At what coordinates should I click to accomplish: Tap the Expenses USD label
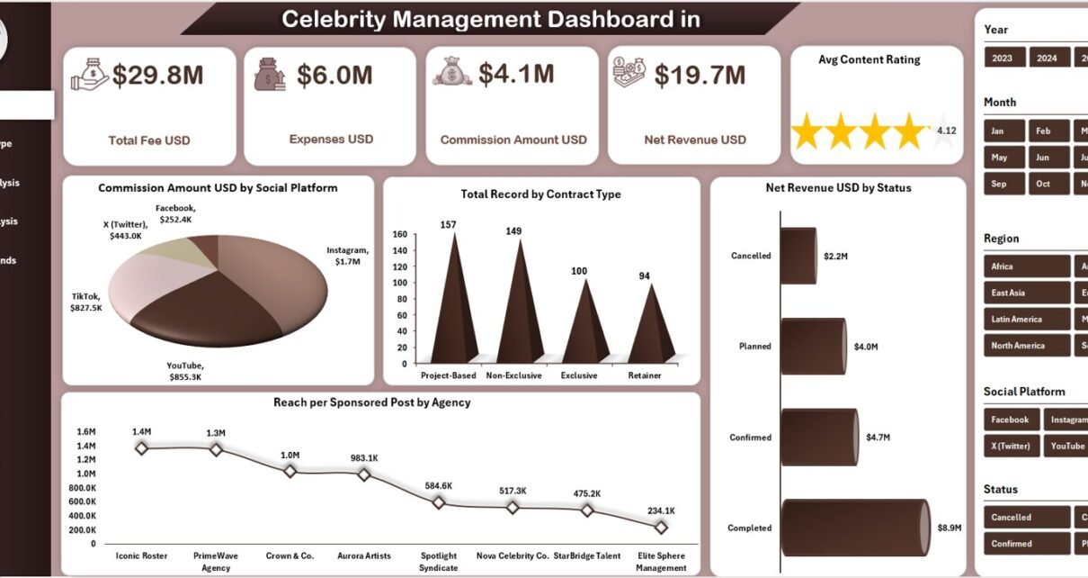click(331, 140)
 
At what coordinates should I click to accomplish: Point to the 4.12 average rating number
click(946, 131)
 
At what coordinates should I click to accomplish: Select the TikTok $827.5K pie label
click(87, 302)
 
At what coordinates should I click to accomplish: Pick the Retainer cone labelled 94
click(645, 324)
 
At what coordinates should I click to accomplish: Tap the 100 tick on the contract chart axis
click(400, 283)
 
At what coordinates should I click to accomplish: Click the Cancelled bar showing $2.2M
click(798, 255)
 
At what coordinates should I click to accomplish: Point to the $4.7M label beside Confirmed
click(878, 438)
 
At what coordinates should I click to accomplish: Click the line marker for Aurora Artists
click(363, 474)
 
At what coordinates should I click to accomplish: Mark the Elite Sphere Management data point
click(661, 528)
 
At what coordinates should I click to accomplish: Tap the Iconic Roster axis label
click(141, 555)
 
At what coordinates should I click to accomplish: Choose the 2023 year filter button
click(1003, 58)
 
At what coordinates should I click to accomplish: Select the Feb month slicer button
click(1043, 131)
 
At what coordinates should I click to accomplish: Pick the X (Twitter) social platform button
click(1012, 446)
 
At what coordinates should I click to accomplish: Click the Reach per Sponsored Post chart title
click(371, 402)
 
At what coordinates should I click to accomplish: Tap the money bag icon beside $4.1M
click(451, 71)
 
